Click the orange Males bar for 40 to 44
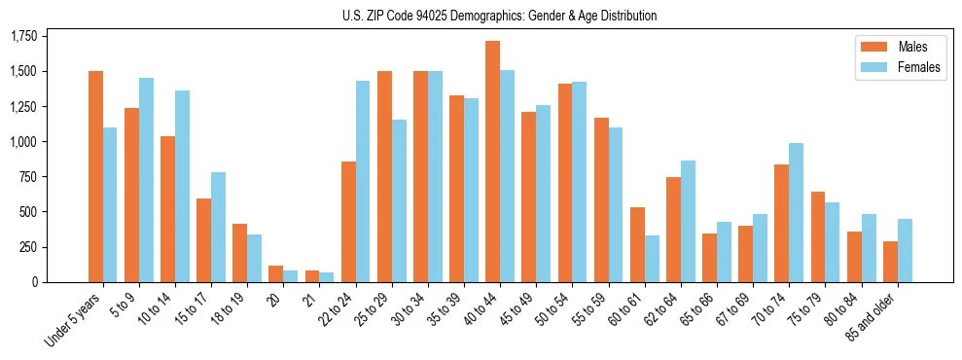(492, 162)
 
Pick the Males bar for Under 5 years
(95, 176)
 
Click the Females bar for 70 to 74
(796, 212)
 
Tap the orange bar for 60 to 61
(637, 244)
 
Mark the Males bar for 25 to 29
(384, 176)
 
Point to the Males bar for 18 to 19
(239, 253)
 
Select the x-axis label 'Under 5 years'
(74, 321)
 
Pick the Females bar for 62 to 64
(688, 221)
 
